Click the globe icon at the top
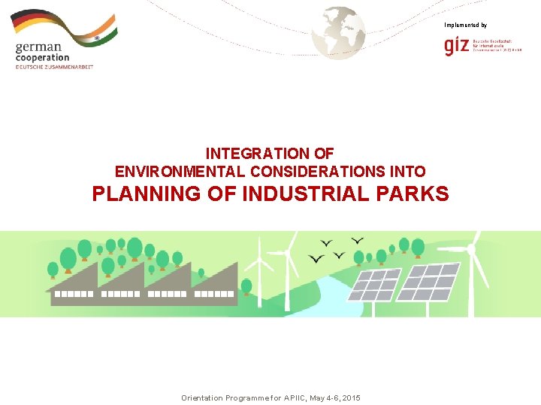338,31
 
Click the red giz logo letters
457,46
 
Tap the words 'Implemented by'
465,25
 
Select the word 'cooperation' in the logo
42,58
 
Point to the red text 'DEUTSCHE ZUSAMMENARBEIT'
54,67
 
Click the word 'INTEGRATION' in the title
249,154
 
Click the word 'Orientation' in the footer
203,397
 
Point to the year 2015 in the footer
349,397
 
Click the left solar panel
376,285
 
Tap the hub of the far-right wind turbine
471,248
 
